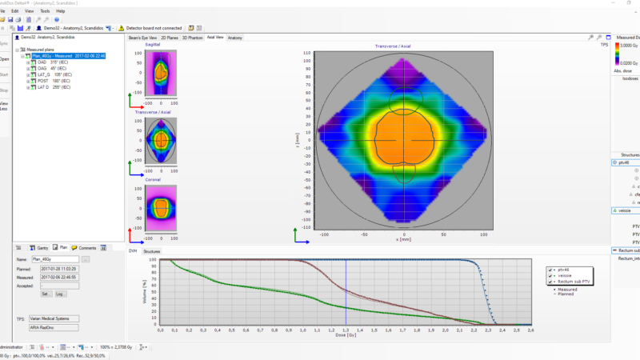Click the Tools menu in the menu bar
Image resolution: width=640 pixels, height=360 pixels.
(45, 11)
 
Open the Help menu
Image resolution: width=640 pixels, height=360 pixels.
(61, 11)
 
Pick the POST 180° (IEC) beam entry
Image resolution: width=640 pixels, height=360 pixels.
(54, 81)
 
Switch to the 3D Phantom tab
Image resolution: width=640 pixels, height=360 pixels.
(192, 38)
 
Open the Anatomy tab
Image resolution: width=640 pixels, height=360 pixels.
(235, 38)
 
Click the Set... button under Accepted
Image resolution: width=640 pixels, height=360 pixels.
(46, 294)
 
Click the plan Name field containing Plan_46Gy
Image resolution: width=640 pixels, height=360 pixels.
(58, 260)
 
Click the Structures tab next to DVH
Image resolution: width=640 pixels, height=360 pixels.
(152, 251)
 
